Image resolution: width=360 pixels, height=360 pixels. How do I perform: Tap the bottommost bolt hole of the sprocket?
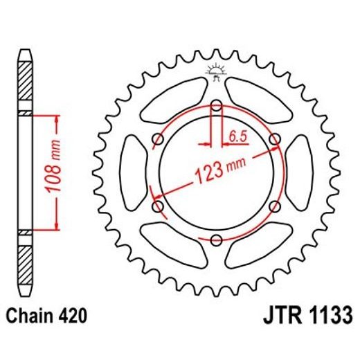tap(215, 240)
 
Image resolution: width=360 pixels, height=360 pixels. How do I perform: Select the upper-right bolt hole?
tap(275, 140)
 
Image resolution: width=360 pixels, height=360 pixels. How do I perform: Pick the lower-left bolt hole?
tap(157, 206)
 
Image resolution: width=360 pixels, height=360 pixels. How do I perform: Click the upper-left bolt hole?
tap(157, 140)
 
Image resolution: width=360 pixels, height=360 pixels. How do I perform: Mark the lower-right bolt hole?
tap(274, 206)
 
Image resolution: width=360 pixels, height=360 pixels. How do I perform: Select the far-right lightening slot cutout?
tap(298, 173)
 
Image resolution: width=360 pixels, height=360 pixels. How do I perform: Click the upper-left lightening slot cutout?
tap(174, 102)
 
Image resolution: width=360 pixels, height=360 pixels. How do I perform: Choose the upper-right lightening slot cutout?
tap(257, 102)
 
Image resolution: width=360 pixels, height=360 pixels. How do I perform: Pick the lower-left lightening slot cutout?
tap(174, 244)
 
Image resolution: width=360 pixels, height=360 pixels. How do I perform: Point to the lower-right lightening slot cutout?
tap(257, 244)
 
